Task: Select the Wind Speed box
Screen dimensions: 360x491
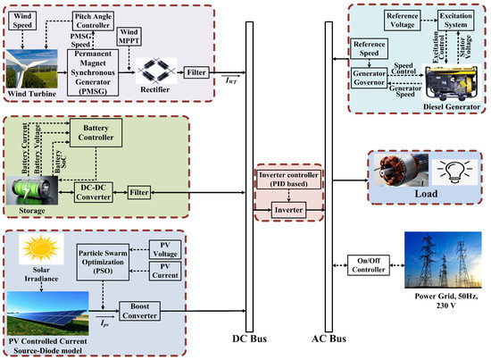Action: coord(23,17)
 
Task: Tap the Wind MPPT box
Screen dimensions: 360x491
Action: coord(132,38)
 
